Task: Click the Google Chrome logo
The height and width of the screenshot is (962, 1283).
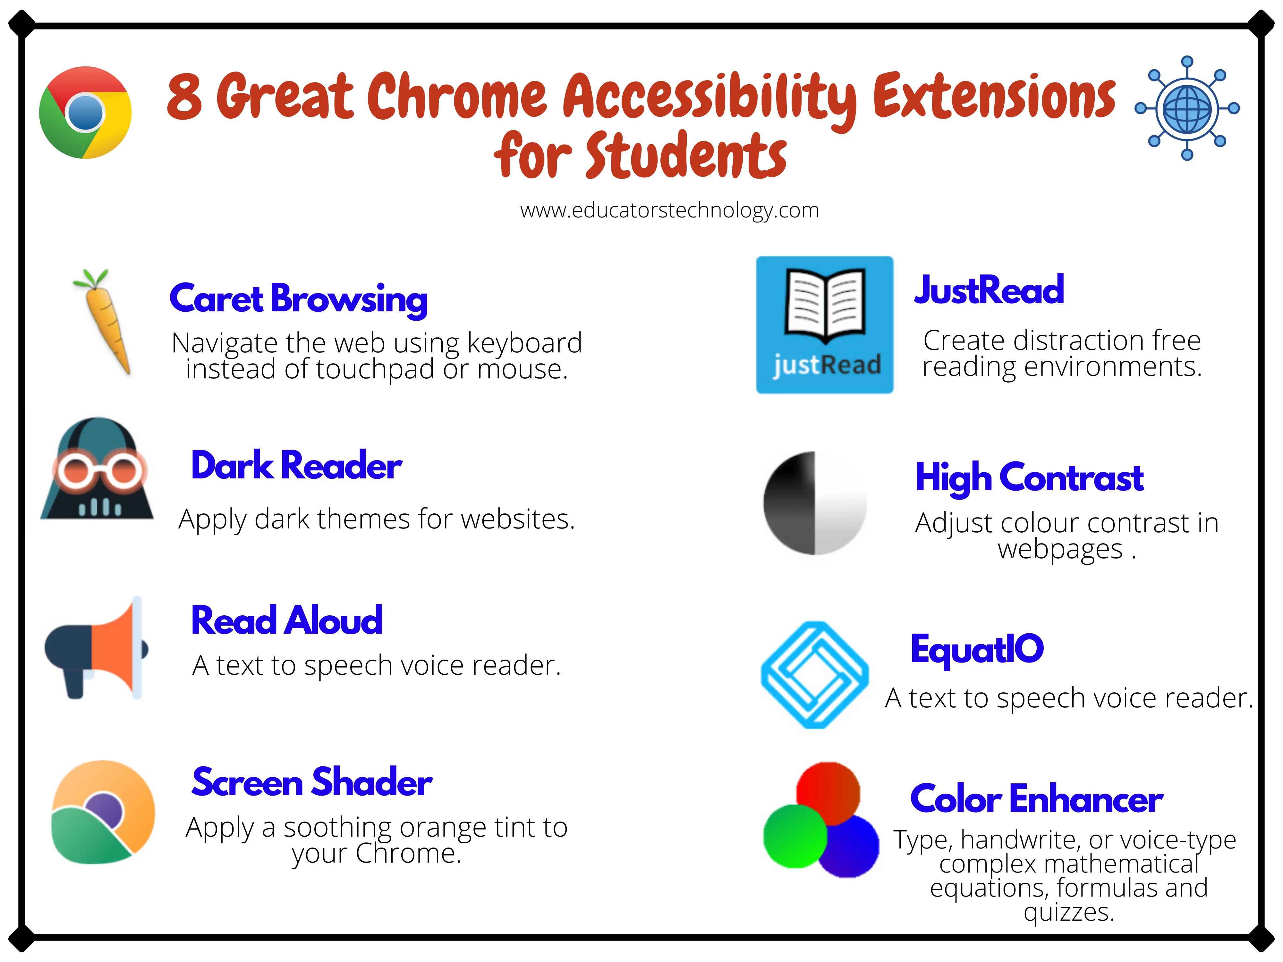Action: [85, 113]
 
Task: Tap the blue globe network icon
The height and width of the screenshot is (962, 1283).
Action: [1187, 108]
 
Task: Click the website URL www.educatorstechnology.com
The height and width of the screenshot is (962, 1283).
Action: [669, 210]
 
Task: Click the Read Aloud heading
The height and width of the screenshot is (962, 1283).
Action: [286, 620]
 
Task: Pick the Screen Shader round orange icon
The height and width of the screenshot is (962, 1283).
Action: [103, 812]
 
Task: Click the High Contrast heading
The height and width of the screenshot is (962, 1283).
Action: [1029, 478]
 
